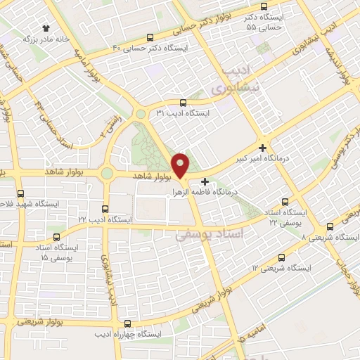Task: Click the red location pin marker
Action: click(x=181, y=165)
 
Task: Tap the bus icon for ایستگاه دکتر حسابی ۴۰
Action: click(x=149, y=38)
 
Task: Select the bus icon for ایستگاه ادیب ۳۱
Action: click(x=183, y=102)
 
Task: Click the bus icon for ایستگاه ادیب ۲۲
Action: click(x=105, y=209)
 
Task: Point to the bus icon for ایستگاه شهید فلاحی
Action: click(x=20, y=193)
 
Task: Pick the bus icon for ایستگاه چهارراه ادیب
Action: click(x=127, y=323)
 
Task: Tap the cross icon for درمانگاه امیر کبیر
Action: click(x=262, y=148)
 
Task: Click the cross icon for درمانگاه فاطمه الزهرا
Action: click(x=205, y=181)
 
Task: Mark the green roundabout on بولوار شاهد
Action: click(x=107, y=173)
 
